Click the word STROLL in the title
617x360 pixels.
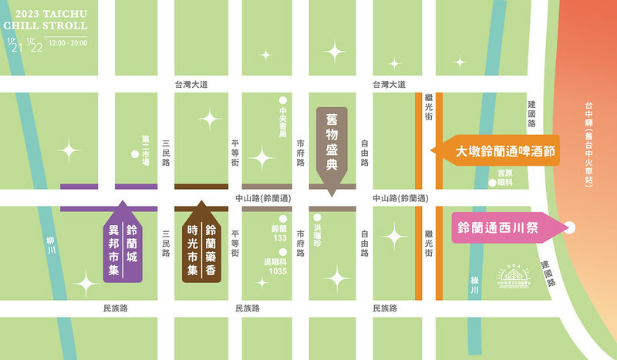coord(65,25)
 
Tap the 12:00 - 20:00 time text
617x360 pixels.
coord(67,43)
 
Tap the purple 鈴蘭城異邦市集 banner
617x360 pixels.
coord(122,241)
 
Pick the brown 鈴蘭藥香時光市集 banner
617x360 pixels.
coord(204,242)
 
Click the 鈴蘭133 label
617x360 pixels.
coord(279,234)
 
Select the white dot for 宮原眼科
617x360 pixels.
coord(492,183)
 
